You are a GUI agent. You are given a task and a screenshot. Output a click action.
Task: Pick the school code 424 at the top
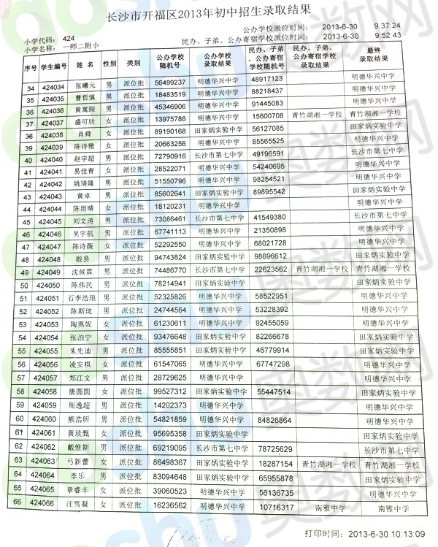coord(69,37)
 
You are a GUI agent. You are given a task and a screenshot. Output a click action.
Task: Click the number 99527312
coord(170,391)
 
